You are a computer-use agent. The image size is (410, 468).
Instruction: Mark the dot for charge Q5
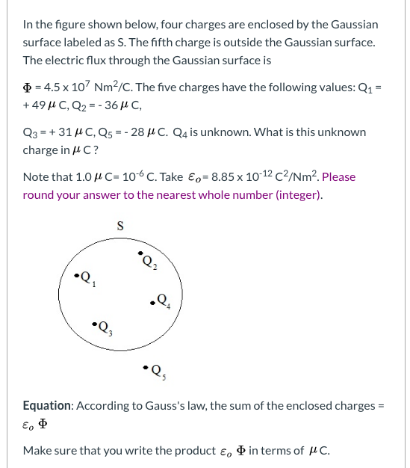tap(145, 367)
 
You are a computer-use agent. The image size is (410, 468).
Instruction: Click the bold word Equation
tap(47, 405)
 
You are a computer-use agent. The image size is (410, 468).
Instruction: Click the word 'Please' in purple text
tap(338, 176)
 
